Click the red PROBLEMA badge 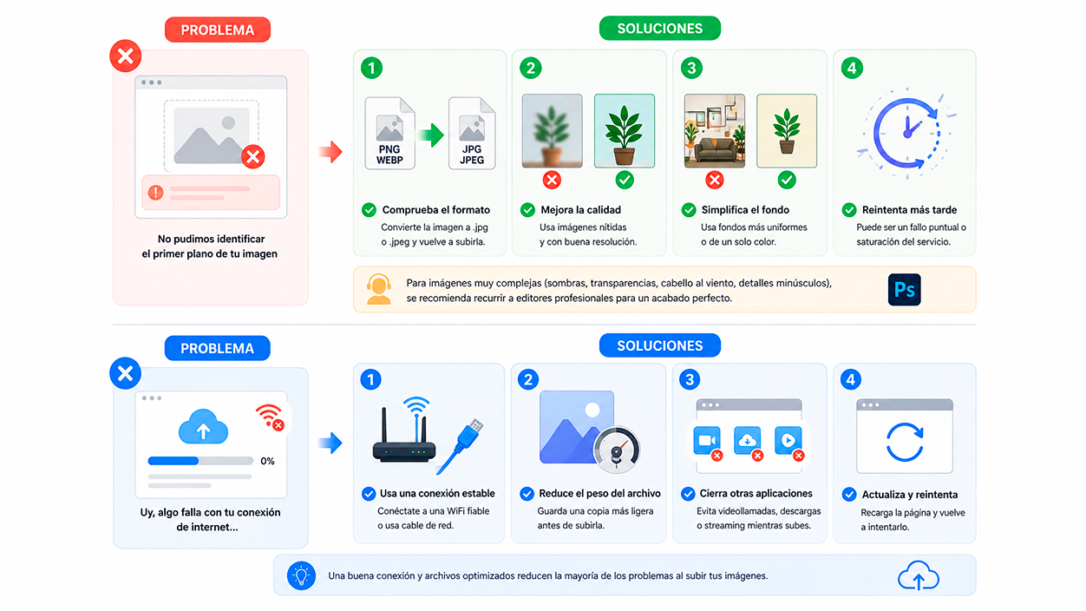[218, 30]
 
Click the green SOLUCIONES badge [660, 28]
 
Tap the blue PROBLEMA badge [217, 348]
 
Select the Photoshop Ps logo [904, 290]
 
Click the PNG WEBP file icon [389, 134]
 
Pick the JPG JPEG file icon [472, 134]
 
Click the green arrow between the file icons [431, 135]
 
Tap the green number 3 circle [691, 68]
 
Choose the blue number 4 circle [850, 379]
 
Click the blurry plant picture [552, 131]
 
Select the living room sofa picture [714, 131]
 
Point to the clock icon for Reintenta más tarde [906, 134]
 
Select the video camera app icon [707, 440]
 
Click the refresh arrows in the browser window [905, 442]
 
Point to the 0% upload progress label [267, 461]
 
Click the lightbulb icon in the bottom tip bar [301, 575]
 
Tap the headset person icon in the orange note [379, 290]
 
